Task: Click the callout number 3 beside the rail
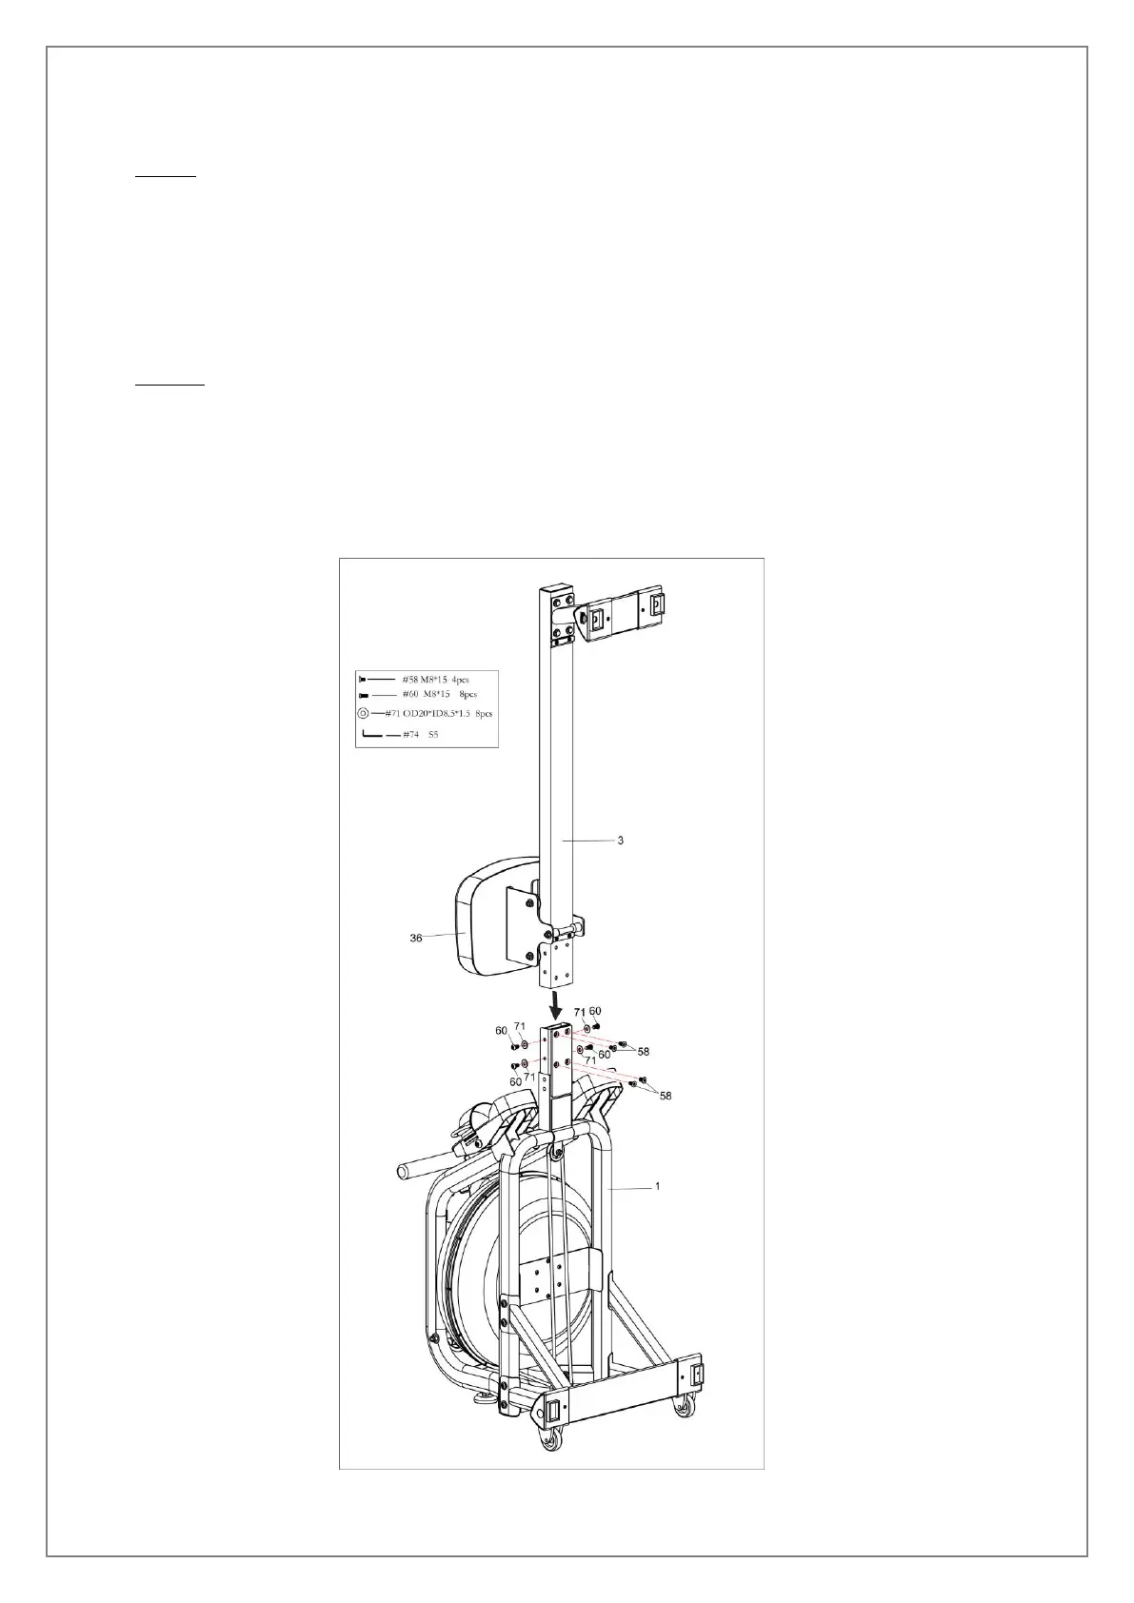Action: [620, 841]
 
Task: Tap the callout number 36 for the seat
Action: [416, 938]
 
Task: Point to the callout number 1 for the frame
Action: [656, 1187]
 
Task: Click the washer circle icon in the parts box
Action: [364, 713]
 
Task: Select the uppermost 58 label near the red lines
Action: [644, 1051]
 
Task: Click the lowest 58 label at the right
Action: [666, 1096]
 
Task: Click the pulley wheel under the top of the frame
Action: [554, 1154]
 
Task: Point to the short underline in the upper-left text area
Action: [165, 177]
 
